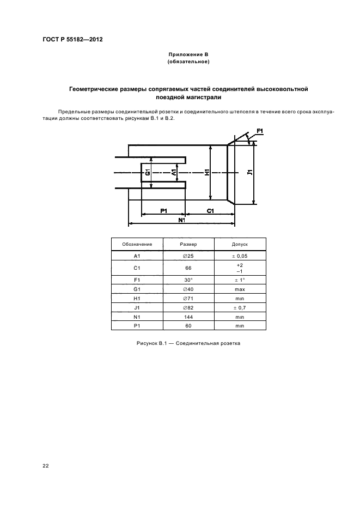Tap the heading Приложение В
[188, 55]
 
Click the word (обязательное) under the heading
[188, 62]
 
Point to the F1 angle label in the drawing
[260, 131]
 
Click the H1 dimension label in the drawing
[206, 172]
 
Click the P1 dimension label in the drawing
[163, 210]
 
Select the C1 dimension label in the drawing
[210, 210]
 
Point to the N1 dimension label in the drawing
[182, 220]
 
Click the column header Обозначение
[137, 245]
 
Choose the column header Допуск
[240, 245]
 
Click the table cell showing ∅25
[188, 256]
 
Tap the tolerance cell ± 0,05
[240, 256]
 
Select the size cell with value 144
[188, 317]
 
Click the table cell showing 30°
[188, 280]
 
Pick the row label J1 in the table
[137, 307]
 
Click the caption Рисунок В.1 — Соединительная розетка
[188, 344]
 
